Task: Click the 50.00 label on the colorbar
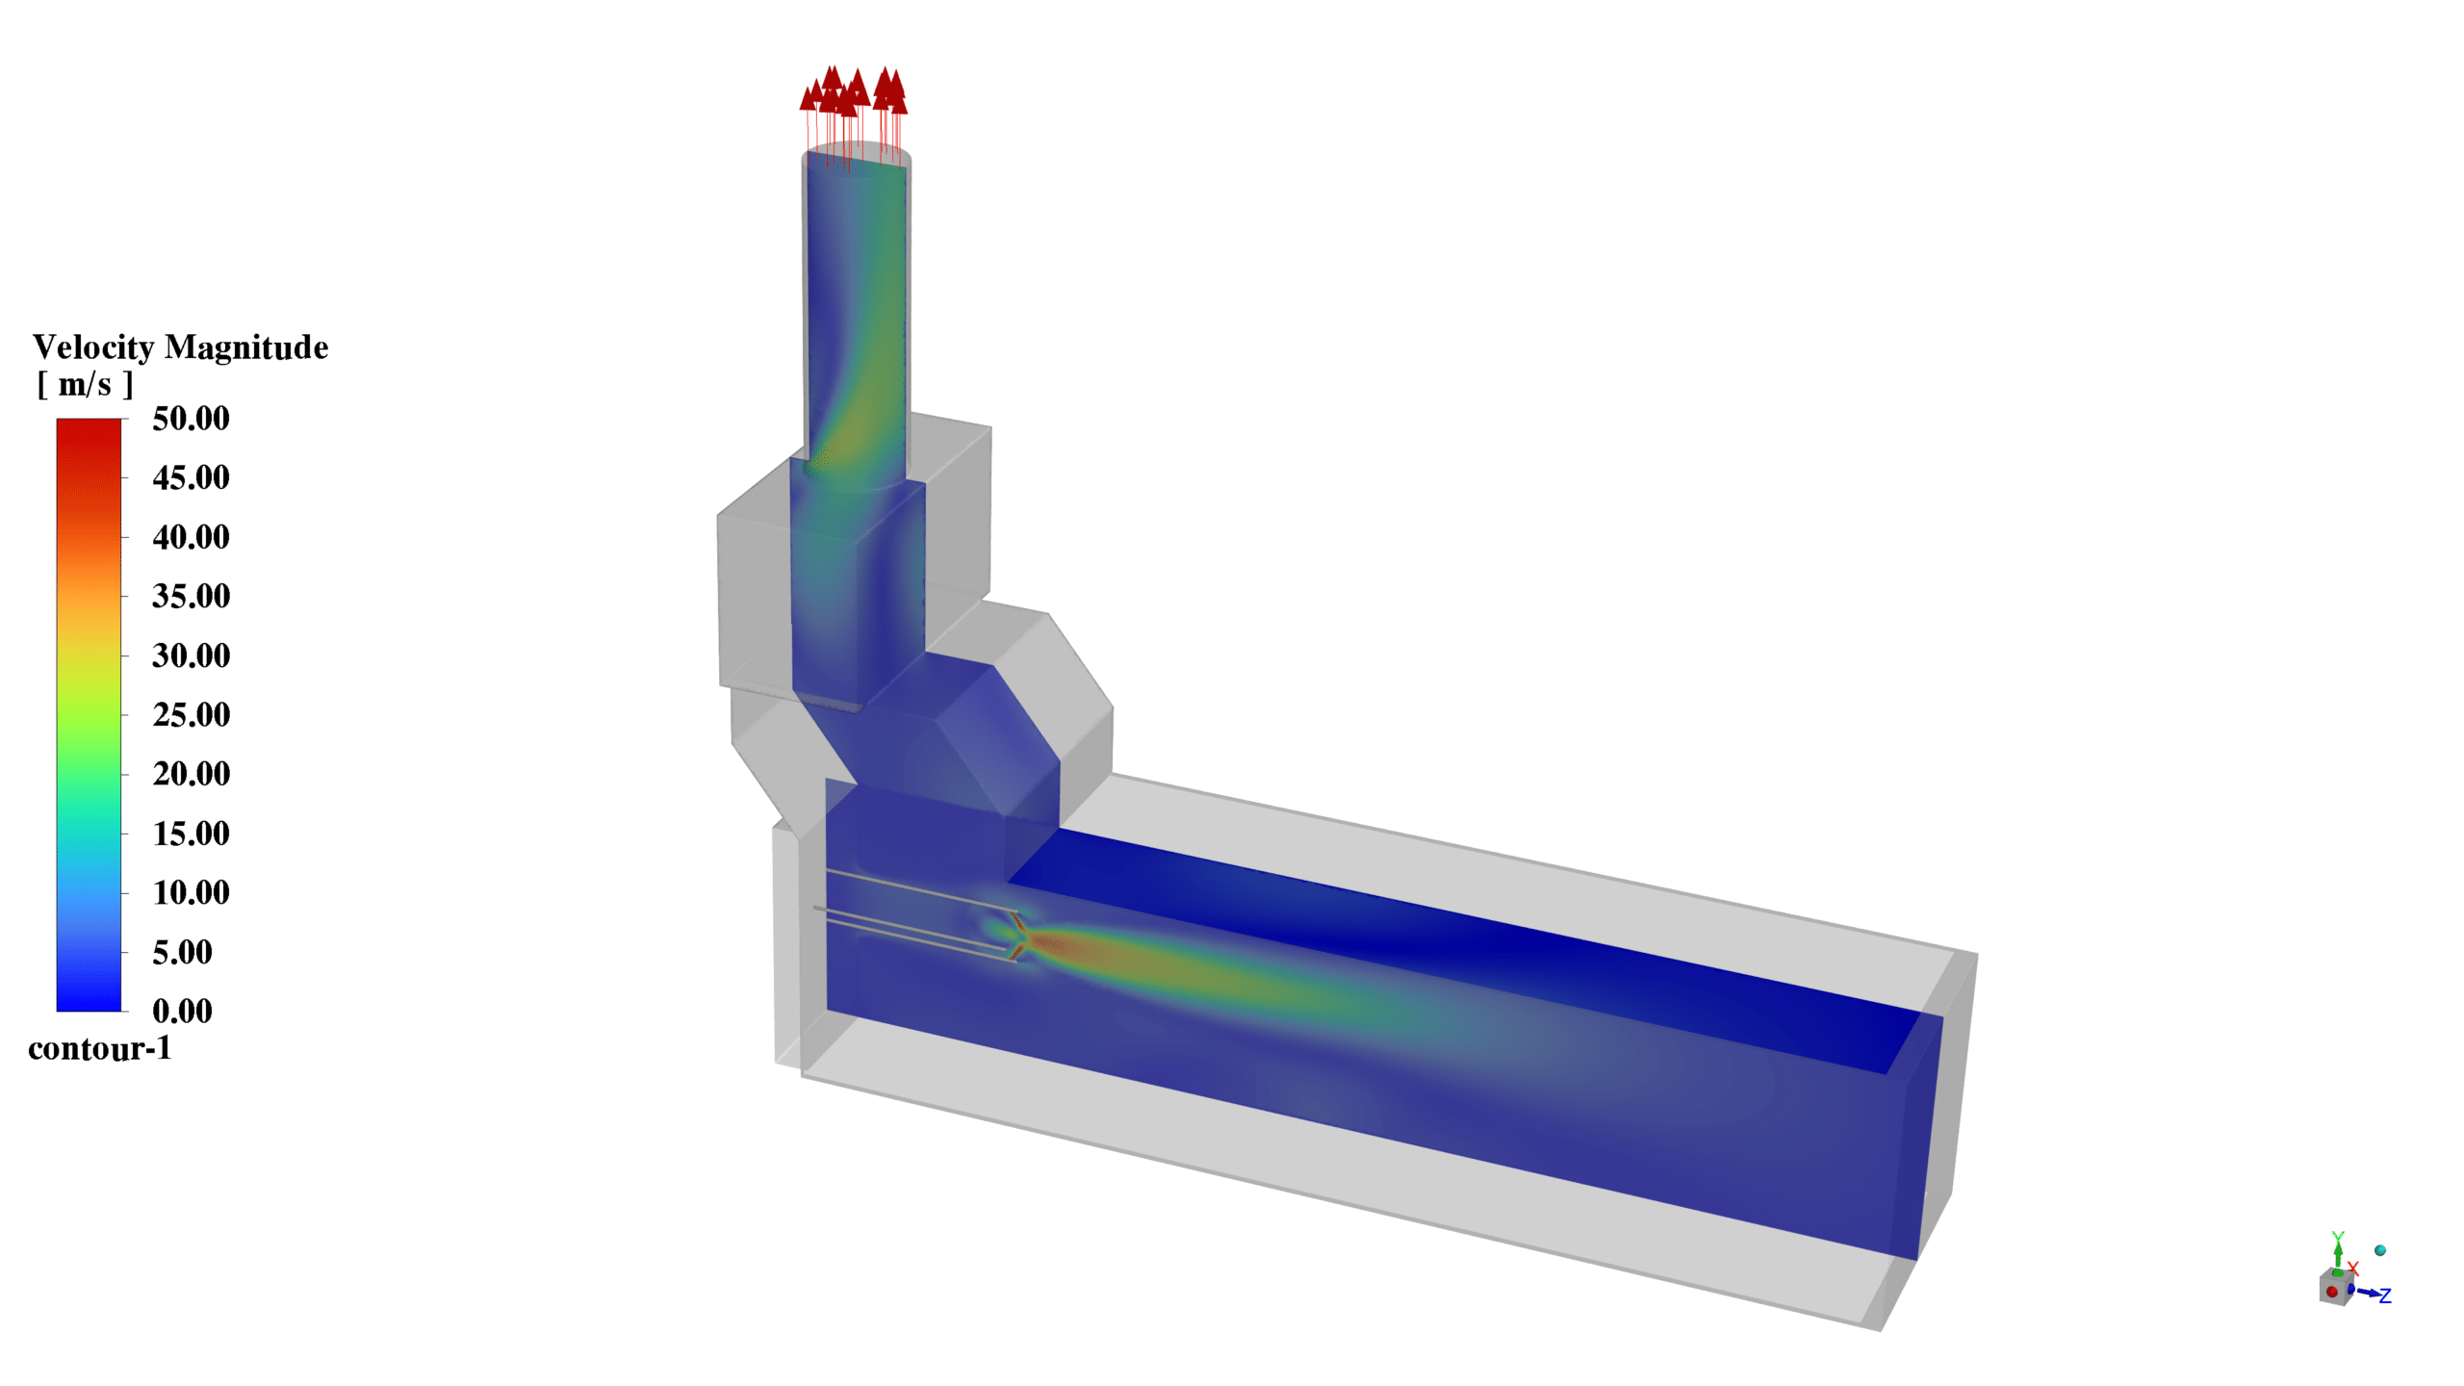tap(191, 419)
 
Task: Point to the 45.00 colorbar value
tap(191, 477)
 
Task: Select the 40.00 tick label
tap(191, 537)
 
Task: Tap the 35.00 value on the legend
tap(191, 596)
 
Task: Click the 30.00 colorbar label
tap(191, 655)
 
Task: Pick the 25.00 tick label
tap(191, 715)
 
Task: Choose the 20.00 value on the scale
tap(191, 774)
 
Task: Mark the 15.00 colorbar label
tap(191, 834)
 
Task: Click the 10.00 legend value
tap(191, 892)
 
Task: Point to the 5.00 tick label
tap(182, 952)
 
